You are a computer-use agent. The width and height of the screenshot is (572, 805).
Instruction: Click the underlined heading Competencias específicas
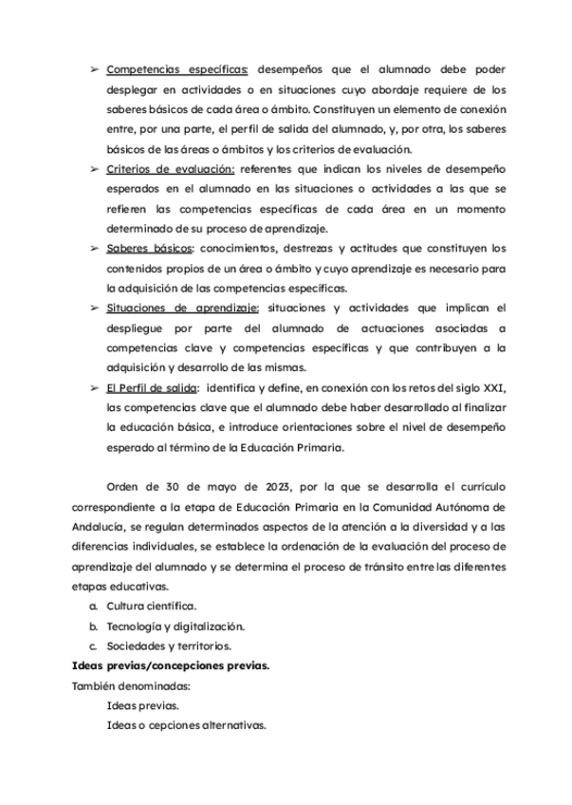pyautogui.click(x=177, y=69)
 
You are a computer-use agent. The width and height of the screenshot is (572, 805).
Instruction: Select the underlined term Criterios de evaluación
pyautogui.click(x=170, y=169)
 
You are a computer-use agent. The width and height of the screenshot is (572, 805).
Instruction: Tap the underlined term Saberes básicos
pyautogui.click(x=149, y=249)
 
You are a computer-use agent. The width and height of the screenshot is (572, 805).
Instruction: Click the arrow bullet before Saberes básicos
pyautogui.click(x=94, y=249)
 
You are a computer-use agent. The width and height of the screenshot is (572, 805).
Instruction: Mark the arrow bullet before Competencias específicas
pyautogui.click(x=94, y=69)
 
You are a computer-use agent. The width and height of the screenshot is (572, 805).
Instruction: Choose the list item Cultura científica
pyautogui.click(x=152, y=606)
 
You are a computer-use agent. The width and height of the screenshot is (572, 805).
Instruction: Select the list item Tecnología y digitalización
pyautogui.click(x=175, y=627)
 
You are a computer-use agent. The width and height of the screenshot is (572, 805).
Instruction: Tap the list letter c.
pyautogui.click(x=93, y=646)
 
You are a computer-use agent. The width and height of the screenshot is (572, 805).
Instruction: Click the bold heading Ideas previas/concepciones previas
pyautogui.click(x=171, y=666)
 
